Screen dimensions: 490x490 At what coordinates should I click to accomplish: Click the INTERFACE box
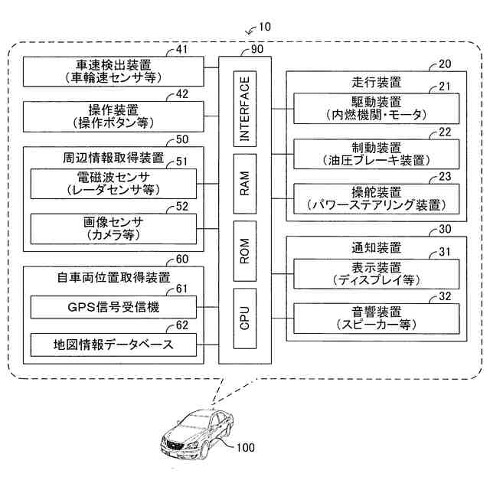click(245, 109)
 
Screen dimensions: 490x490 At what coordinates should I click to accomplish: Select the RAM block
click(245, 184)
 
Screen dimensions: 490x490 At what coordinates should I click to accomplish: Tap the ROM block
click(245, 251)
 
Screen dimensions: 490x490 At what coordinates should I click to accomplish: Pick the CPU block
click(245, 318)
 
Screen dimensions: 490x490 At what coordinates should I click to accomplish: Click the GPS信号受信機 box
click(113, 307)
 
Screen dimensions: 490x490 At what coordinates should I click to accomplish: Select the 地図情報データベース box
click(113, 345)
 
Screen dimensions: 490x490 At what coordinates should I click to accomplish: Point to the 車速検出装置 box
click(113, 71)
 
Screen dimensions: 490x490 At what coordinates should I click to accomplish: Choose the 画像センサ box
click(113, 229)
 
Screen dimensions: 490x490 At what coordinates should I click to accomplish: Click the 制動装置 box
click(377, 154)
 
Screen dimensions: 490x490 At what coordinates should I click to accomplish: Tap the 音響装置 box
click(377, 318)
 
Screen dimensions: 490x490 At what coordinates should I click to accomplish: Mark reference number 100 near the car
click(246, 447)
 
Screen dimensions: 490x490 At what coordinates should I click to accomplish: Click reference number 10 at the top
click(265, 27)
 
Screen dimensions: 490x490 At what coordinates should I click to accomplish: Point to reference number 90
click(257, 49)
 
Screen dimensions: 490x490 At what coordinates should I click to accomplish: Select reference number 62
click(182, 325)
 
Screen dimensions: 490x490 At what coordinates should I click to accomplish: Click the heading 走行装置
click(376, 83)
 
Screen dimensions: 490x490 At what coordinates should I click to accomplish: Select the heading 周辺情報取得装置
click(113, 158)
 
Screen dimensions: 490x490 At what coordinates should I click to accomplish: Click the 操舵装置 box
click(377, 199)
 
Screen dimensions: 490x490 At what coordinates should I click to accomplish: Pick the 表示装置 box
click(377, 274)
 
